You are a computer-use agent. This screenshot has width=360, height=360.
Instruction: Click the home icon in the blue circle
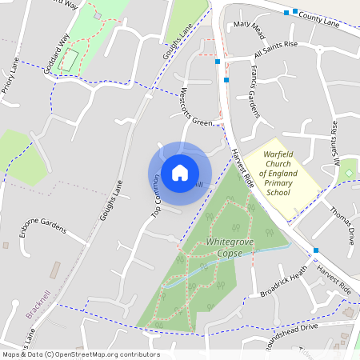[180, 173]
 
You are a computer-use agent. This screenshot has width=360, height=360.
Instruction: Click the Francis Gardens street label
[254, 93]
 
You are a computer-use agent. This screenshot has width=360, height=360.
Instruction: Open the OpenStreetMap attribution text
[80, 354]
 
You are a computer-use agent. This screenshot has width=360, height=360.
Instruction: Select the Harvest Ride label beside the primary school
[242, 167]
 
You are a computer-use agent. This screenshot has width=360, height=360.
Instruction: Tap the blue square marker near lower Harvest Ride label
[317, 250]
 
